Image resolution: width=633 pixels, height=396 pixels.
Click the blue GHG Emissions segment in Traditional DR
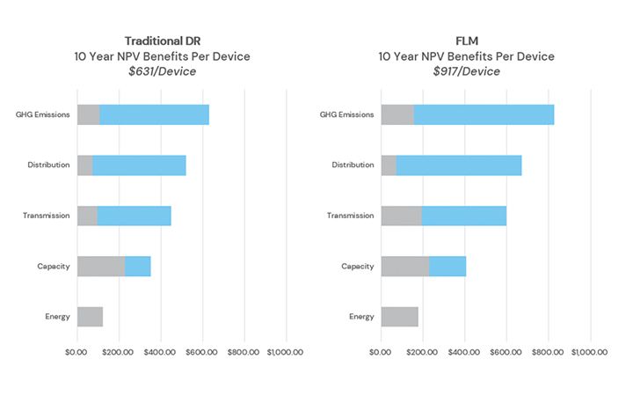tap(154, 114)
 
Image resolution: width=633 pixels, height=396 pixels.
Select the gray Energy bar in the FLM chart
tap(400, 317)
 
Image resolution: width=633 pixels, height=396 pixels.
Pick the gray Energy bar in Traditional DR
tap(90, 317)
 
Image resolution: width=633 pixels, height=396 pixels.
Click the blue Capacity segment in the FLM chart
tap(447, 266)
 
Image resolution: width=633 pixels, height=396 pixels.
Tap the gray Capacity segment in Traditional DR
tap(101, 266)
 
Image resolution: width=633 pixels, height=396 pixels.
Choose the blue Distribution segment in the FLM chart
tap(459, 165)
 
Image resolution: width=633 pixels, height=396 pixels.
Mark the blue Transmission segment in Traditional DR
tap(135, 216)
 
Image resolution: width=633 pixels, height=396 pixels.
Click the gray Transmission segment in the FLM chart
tap(402, 216)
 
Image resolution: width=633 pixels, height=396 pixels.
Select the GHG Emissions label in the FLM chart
tap(346, 114)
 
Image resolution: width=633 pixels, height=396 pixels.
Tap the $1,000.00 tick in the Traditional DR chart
tap(284, 352)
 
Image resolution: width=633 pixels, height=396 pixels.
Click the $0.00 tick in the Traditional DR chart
tap(77, 352)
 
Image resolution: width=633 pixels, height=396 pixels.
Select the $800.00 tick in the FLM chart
tap(549, 352)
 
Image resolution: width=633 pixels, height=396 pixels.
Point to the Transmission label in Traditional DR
tap(47, 216)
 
